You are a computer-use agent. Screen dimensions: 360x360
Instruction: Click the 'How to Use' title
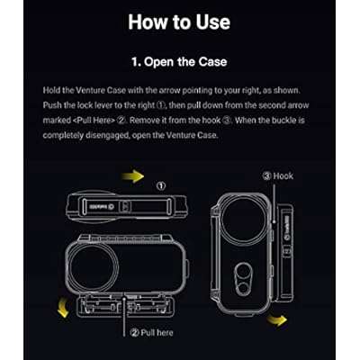[x=179, y=22]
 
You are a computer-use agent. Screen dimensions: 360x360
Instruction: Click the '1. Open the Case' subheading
[x=179, y=62]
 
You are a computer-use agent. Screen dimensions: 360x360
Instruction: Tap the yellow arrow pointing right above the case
[x=133, y=176]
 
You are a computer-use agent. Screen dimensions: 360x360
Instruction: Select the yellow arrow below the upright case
[x=277, y=319]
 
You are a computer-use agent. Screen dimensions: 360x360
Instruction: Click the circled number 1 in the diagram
[x=161, y=186]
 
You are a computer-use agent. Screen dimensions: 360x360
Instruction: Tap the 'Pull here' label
[x=152, y=333]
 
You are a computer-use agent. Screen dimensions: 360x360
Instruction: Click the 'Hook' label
[x=278, y=175]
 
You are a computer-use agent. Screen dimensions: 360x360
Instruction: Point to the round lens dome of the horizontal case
[x=92, y=266]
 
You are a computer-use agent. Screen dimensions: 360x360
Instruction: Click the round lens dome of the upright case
[x=244, y=217]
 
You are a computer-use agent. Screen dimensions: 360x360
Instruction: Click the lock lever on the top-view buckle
[x=125, y=206]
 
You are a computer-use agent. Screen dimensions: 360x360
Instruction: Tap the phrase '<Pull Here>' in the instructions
[x=94, y=121]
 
